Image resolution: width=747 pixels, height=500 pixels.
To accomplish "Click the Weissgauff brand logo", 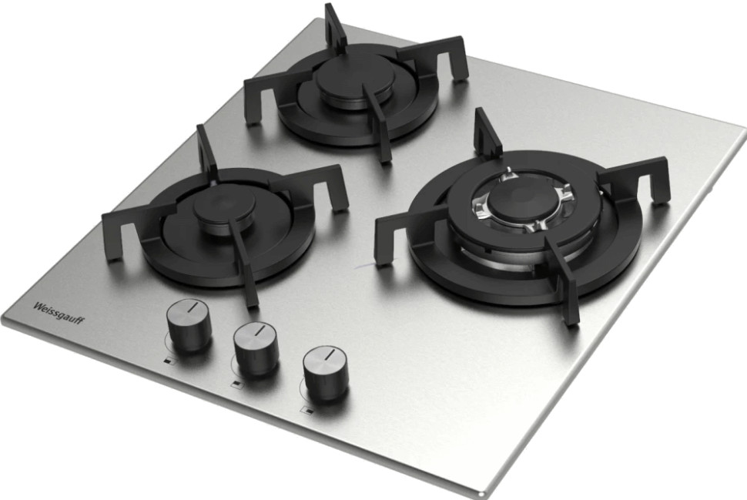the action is tap(58, 313).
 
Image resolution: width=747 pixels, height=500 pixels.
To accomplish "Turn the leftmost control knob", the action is tap(189, 326).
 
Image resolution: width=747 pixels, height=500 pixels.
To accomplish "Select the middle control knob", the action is tap(256, 348).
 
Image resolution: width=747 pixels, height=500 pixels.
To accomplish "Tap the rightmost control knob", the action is tap(327, 373).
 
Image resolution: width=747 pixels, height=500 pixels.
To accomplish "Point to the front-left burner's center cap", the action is tap(224, 210).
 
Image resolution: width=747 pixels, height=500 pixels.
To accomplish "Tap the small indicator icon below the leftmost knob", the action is tap(168, 361).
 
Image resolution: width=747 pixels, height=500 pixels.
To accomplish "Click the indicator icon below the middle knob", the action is tap(236, 384).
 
